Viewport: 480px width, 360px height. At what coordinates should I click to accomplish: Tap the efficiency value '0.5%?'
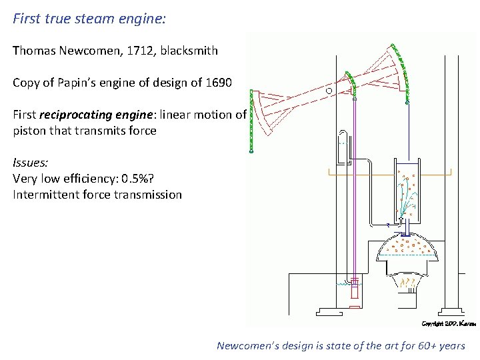[x=147, y=179]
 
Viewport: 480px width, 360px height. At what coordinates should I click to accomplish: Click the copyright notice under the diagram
[x=448, y=323]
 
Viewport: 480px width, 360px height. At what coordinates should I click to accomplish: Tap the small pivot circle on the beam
[x=329, y=89]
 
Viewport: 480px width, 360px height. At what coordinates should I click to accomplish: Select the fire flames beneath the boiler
[x=408, y=285]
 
